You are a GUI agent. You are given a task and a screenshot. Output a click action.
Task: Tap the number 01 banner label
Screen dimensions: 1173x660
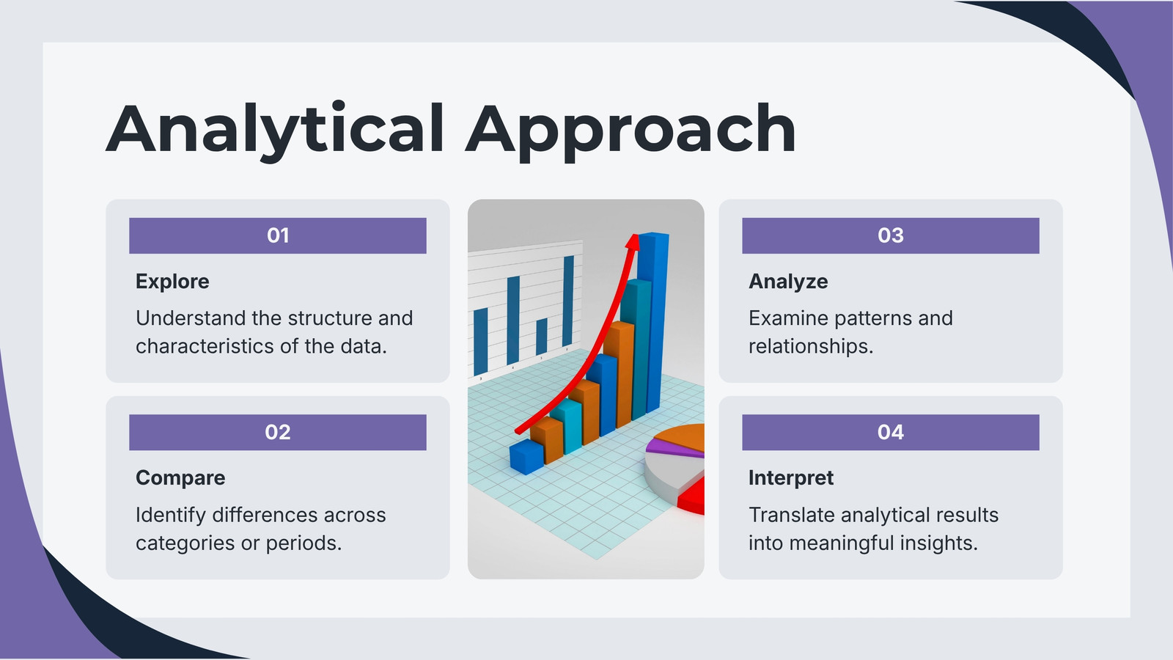coord(278,235)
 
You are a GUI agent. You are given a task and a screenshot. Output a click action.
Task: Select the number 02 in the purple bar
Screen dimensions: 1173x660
coord(278,432)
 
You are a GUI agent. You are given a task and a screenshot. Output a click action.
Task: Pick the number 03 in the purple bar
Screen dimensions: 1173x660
coord(891,235)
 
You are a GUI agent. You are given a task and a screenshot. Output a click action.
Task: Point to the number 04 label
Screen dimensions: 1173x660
coord(891,432)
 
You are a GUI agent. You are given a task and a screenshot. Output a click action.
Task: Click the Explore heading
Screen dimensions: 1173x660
coord(172,282)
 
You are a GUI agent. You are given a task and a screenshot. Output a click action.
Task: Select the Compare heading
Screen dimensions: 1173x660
coord(180,478)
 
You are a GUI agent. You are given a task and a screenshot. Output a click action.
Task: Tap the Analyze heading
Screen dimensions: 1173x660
coord(788,282)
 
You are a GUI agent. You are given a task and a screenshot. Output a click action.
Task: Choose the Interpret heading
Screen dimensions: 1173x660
coord(791,478)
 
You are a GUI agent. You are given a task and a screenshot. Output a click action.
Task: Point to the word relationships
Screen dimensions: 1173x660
coord(811,346)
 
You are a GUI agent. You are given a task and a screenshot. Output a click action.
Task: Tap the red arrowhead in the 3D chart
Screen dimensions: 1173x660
coord(633,241)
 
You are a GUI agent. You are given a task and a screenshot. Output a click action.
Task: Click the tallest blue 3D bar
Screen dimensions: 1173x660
coord(653,322)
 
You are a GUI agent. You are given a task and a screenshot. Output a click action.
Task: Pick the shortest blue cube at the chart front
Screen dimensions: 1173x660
coord(526,457)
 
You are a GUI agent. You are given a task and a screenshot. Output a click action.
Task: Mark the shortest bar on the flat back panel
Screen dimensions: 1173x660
coord(542,337)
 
